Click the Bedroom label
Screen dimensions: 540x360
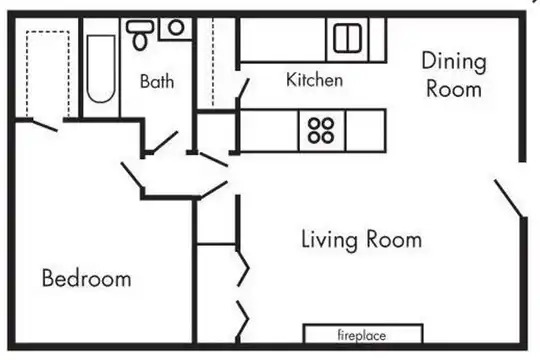tap(86, 278)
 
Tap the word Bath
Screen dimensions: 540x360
tap(157, 81)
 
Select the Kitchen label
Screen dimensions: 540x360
tap(314, 80)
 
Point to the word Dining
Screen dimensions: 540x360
tap(454, 62)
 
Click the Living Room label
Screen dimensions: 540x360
tap(362, 239)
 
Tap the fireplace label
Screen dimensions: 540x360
tap(362, 335)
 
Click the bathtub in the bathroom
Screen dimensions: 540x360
tap(101, 69)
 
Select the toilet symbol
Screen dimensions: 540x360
tap(140, 34)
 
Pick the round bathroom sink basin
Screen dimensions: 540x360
tap(176, 28)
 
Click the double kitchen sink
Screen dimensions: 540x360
tap(347, 38)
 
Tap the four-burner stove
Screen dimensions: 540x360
tap(321, 131)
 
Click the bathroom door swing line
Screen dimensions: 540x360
tap(165, 142)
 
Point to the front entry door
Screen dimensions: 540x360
tap(509, 198)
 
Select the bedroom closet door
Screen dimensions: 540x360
tap(44, 125)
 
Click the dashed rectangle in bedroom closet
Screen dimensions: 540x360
tap(48, 74)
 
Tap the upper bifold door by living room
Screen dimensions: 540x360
tap(242, 268)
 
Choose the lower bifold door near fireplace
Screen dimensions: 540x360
tap(242, 319)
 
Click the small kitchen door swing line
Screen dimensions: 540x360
tap(243, 89)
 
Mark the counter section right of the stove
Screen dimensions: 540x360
tap(365, 131)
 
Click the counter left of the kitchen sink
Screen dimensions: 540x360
tap(282, 40)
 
